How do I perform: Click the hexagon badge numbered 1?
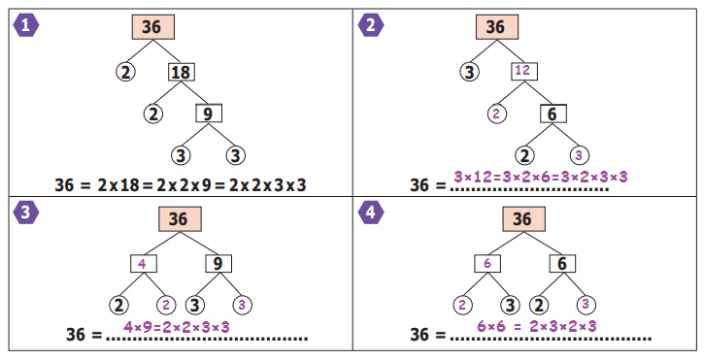[26, 25]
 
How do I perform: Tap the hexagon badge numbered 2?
[370, 25]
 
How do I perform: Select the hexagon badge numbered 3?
[26, 213]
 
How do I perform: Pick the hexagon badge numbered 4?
[370, 213]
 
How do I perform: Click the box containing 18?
[182, 72]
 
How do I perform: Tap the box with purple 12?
[524, 71]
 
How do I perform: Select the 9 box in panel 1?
[209, 114]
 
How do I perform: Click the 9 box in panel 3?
[218, 264]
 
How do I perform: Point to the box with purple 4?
[144, 264]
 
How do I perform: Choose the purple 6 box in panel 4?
[487, 264]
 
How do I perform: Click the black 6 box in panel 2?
[553, 114]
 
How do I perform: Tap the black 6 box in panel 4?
[562, 264]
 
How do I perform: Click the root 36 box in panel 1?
[153, 27]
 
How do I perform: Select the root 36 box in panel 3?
[180, 219]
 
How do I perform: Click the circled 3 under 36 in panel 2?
[469, 72]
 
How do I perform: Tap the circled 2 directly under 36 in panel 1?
[125, 72]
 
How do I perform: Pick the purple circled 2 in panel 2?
[496, 114]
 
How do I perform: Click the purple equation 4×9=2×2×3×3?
[177, 327]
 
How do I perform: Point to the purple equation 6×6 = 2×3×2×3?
[537, 326]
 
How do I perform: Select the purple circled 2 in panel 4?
[462, 306]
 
